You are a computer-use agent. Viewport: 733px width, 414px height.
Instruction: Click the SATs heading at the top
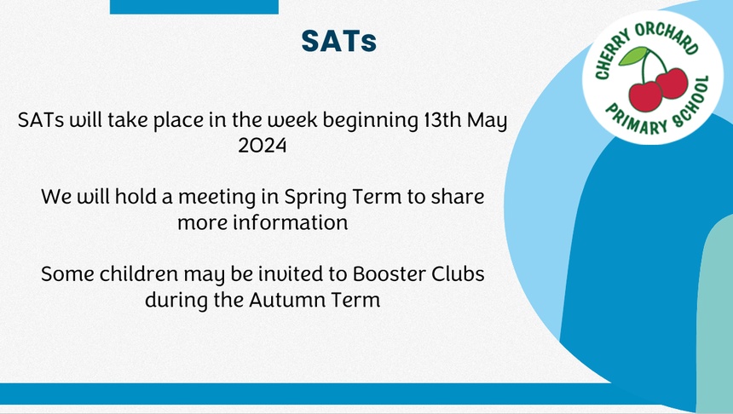pos(339,41)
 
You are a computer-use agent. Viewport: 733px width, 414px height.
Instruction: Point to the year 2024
pos(263,146)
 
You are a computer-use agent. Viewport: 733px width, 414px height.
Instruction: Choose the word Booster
pos(389,273)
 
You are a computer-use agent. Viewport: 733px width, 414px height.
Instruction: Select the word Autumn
pos(287,300)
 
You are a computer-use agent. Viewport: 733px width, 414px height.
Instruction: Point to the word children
pos(138,273)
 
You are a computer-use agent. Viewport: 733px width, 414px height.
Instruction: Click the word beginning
pos(371,122)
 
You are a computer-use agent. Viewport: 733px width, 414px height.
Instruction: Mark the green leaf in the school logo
pos(633,55)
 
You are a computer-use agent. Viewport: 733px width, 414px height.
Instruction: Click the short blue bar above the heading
pos(194,7)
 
